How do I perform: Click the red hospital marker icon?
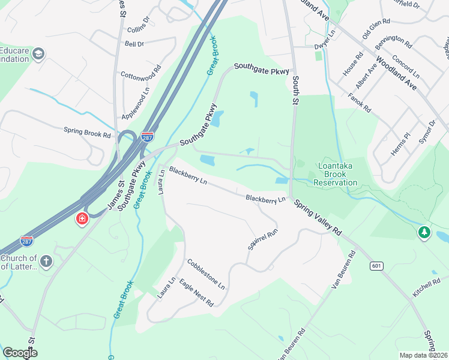coord(81,220)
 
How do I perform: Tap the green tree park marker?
coord(424,232)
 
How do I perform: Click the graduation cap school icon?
coord(40,55)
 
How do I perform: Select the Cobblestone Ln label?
coord(205,273)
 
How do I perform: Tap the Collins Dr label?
coord(137,28)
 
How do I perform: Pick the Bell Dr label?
coord(134,44)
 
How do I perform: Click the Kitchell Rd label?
coord(427,290)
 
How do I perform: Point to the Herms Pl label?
coord(399,145)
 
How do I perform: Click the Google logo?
coord(20,352)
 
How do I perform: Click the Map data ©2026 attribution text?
coord(423,355)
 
